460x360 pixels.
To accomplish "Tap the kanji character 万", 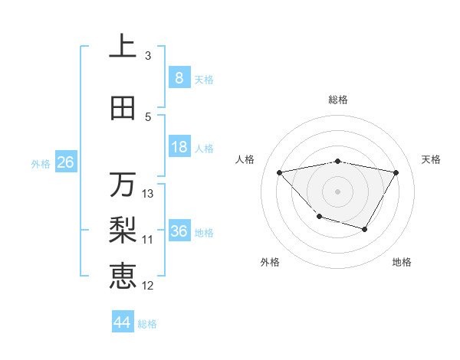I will tap(123, 185).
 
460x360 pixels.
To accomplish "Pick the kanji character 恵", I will tap(123, 275).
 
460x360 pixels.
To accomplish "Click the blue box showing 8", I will tap(179, 78).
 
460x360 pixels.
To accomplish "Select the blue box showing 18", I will tap(179, 147).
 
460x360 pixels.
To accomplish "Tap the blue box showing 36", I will tap(179, 232).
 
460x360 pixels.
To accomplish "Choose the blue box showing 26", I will tap(65, 162).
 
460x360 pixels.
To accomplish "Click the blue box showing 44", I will tap(123, 322).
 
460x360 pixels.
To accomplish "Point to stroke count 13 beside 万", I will tap(148, 193).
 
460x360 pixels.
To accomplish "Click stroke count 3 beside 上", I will tap(147, 55).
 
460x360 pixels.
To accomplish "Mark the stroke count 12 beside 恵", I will tap(148, 286).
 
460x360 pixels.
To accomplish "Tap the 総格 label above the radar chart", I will tap(338, 100).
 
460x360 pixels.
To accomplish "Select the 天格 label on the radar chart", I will tap(432, 159).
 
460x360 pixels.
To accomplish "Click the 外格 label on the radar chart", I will tap(270, 262).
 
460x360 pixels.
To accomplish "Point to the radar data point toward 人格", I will tap(280, 172).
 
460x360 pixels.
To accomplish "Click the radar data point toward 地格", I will tap(365, 229).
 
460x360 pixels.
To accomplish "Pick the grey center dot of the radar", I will tap(337, 191).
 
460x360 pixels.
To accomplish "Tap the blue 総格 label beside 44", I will tap(147, 324).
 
